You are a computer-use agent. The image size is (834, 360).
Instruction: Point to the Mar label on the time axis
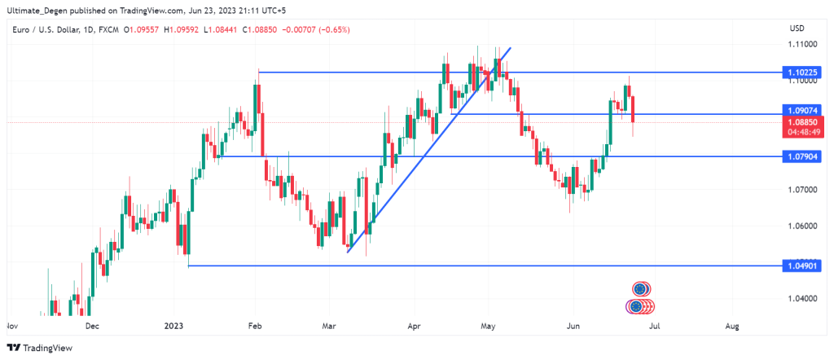tap(329, 326)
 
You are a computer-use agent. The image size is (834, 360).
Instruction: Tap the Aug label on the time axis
tap(731, 326)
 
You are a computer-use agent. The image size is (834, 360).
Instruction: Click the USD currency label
tap(797, 29)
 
